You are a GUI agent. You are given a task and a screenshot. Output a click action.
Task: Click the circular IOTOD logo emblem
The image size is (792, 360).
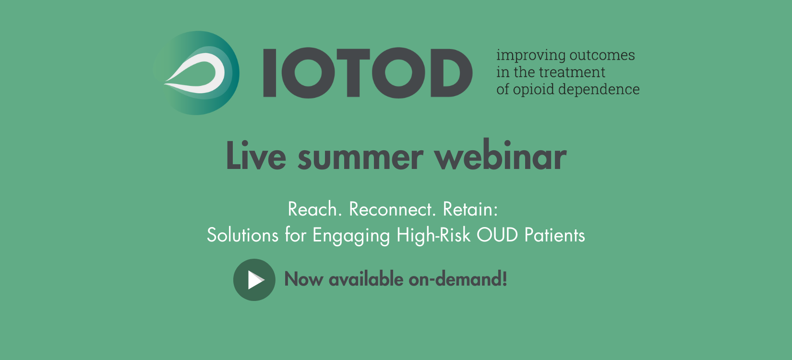click(196, 73)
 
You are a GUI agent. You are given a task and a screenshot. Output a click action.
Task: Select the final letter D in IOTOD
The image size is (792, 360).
click(452, 73)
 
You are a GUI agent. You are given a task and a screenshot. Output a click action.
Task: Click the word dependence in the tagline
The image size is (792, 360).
click(599, 90)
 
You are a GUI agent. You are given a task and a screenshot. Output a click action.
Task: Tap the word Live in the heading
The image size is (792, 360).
click(256, 156)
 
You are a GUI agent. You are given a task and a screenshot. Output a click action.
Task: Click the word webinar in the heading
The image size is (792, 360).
click(501, 156)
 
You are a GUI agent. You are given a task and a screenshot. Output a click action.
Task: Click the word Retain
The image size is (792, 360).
click(470, 209)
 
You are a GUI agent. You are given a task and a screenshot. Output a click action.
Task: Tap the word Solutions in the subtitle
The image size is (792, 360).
click(242, 235)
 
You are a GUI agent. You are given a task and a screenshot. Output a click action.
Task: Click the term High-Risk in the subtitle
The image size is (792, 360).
click(433, 235)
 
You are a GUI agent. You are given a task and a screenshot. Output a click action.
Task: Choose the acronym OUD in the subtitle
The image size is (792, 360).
click(497, 235)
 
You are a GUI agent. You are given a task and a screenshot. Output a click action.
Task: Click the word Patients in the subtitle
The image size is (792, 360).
click(555, 235)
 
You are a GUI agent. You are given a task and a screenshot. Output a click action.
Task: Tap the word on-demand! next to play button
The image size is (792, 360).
click(458, 279)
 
